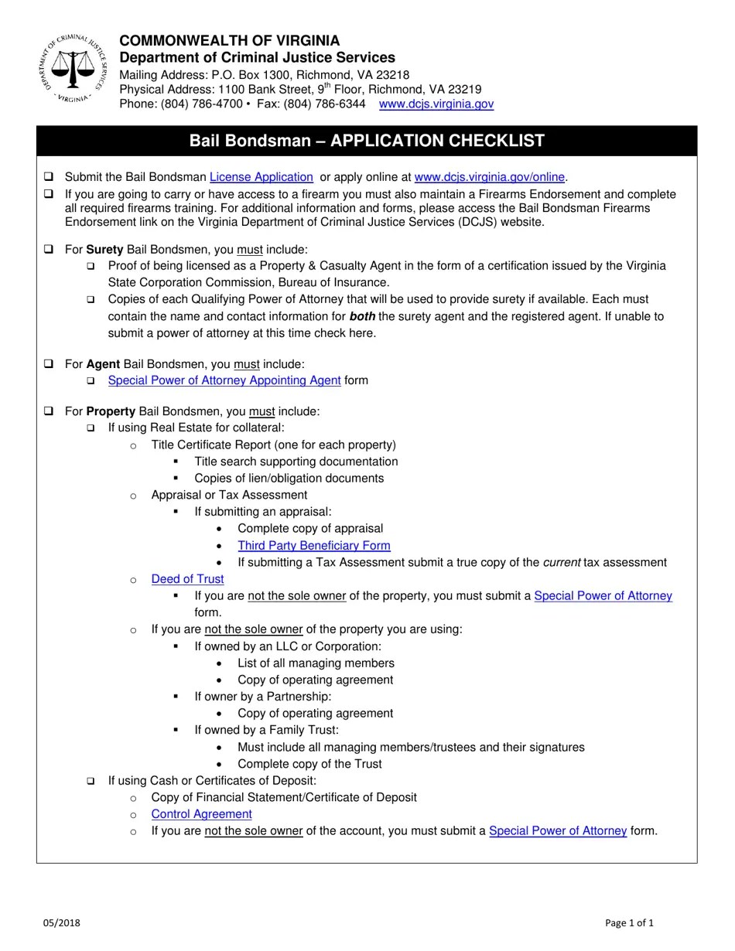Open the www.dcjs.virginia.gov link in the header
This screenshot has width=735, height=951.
coord(436,104)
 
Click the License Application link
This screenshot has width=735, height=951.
coord(261,177)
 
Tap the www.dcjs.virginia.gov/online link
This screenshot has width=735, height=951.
coord(489,177)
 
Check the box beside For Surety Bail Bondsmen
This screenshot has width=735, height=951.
coord(49,250)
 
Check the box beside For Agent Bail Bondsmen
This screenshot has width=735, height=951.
coord(49,363)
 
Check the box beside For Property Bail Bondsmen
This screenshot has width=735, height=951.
coord(49,411)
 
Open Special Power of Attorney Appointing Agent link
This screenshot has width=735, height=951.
coord(224,380)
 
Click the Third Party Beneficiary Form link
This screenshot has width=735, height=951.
coord(313,546)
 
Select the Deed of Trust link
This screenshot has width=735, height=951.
coord(187,579)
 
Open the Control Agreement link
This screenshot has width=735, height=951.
coord(201,814)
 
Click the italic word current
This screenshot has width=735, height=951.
coord(562,563)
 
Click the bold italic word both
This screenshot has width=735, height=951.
coord(362,316)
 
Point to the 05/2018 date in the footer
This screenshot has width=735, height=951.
coord(61,922)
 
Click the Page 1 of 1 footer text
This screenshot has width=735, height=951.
coord(629,922)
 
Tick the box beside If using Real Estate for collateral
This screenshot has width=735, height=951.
coord(91,428)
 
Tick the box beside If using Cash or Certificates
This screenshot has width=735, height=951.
coord(91,781)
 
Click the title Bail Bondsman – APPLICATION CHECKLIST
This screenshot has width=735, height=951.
coord(367,141)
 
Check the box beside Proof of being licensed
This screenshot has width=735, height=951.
coord(91,266)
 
